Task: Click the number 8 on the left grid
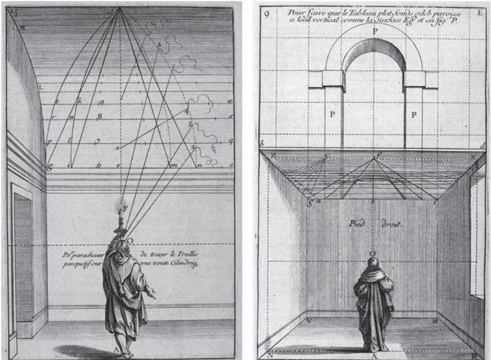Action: point(101,115)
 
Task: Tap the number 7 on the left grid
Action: point(98,141)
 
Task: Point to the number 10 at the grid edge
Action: point(230,101)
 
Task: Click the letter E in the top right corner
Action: point(481,12)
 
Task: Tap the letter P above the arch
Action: point(375,31)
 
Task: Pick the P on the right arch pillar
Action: point(414,114)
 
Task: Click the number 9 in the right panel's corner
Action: point(264,13)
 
